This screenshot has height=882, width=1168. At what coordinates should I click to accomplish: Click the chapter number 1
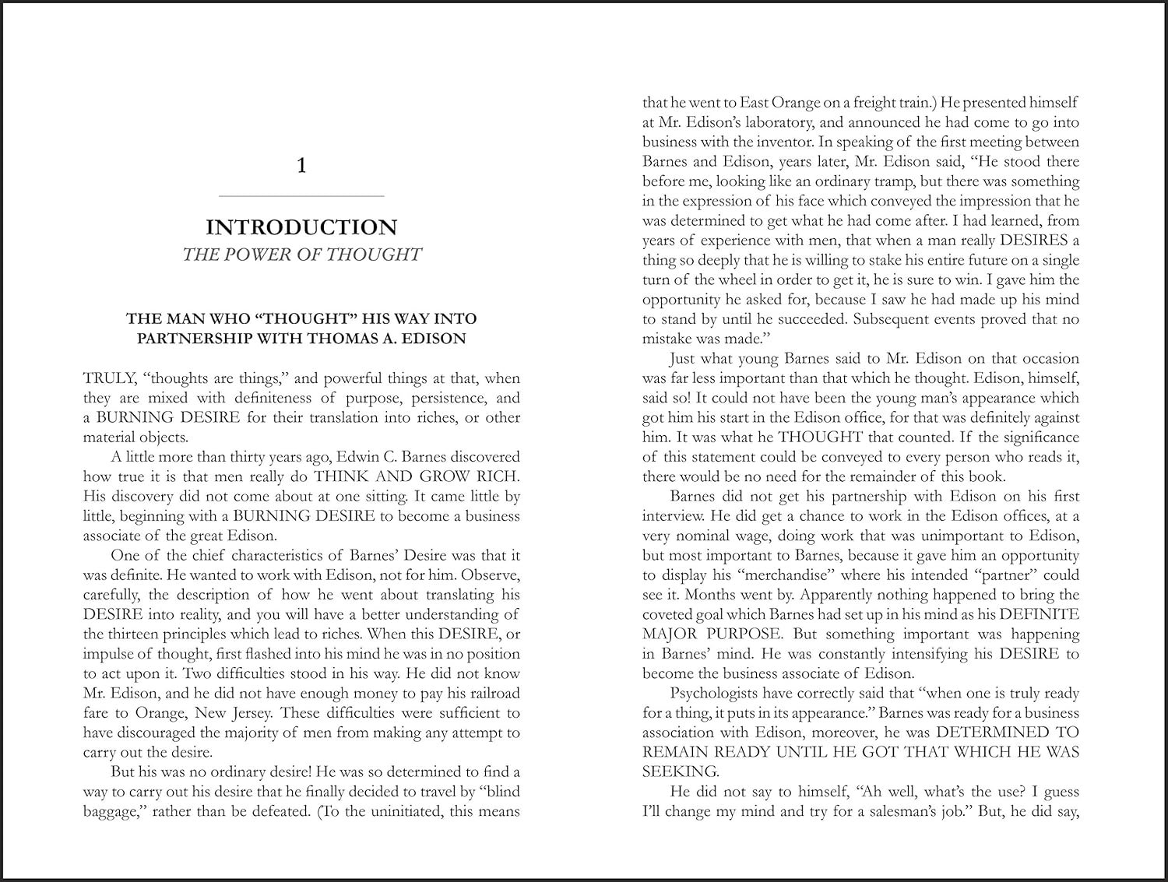302,165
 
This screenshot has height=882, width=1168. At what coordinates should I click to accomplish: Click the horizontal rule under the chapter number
302,195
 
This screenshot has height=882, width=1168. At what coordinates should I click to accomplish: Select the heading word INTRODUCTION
301,227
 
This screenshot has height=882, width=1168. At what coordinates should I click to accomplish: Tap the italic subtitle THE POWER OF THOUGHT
301,255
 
